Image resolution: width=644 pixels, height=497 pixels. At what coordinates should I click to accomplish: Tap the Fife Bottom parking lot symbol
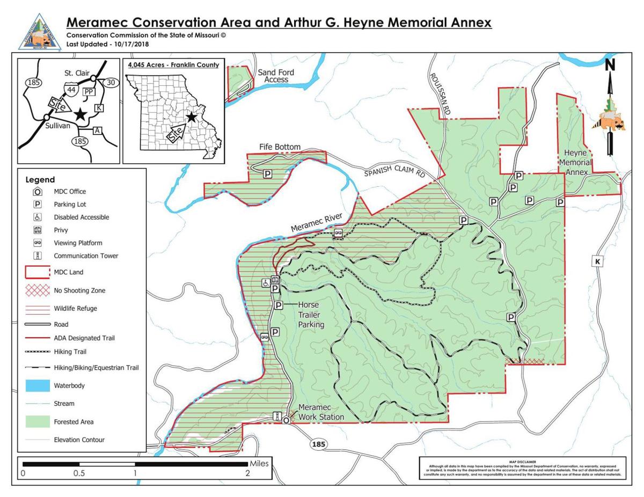tap(267, 173)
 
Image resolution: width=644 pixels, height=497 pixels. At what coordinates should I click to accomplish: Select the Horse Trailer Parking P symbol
tap(279, 305)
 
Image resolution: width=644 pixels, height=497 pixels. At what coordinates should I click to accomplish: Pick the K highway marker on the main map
tap(597, 261)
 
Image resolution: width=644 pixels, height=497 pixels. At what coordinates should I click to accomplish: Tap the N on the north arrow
tap(610, 65)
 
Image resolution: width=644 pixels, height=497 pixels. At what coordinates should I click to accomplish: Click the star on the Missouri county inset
tap(191, 117)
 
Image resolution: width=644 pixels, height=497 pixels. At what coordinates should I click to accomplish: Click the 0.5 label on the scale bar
tap(79, 473)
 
